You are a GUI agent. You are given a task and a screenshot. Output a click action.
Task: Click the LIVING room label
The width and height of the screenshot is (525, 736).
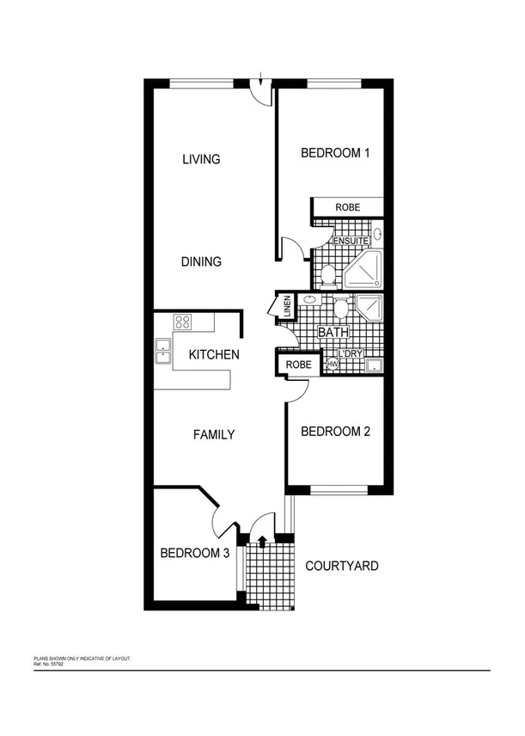pyautogui.click(x=202, y=159)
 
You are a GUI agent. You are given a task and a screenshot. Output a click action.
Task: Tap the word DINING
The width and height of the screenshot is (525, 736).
pyautogui.click(x=202, y=262)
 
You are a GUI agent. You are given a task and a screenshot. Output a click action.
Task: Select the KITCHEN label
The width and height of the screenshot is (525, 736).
pyautogui.click(x=214, y=354)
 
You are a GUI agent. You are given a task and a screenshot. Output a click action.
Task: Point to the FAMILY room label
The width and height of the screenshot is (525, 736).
pyautogui.click(x=213, y=435)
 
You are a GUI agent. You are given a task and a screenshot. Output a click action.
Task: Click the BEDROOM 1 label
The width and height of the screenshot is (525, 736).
pyautogui.click(x=335, y=154)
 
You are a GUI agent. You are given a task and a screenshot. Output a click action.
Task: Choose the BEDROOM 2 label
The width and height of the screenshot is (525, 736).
pyautogui.click(x=335, y=432)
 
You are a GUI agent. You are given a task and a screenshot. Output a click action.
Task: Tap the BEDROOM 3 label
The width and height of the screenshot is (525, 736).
pyautogui.click(x=195, y=554)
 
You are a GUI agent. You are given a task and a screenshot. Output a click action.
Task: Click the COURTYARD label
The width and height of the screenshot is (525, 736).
pyautogui.click(x=342, y=567)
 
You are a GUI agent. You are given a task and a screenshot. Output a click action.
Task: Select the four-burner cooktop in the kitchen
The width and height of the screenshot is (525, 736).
pyautogui.click(x=183, y=322)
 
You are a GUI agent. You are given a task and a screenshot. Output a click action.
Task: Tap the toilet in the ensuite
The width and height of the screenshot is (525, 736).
pyautogui.click(x=327, y=275)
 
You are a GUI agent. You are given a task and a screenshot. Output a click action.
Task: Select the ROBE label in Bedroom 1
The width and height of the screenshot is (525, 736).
pyautogui.click(x=347, y=208)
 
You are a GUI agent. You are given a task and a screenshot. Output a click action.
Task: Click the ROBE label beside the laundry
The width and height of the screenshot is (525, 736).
pyautogui.click(x=298, y=364)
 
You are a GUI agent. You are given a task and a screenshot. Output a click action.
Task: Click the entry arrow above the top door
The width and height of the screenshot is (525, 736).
pyautogui.click(x=261, y=80)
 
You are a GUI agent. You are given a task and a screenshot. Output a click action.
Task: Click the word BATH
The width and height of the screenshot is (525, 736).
pyautogui.click(x=333, y=333)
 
